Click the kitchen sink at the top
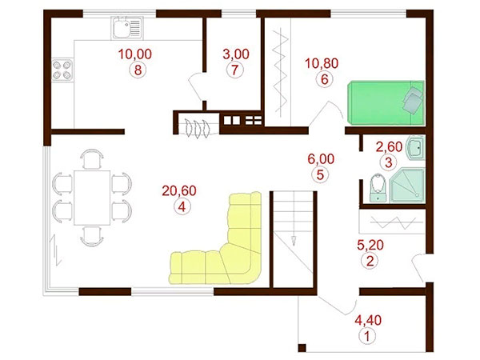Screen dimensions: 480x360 [x=127, y=27]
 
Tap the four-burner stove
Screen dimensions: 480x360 [x=62, y=70]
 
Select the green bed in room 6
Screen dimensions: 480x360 [x=386, y=103]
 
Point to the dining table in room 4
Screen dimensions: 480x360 [x=92, y=198]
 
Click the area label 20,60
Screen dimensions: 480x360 [x=179, y=190]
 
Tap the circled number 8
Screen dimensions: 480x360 [x=138, y=70]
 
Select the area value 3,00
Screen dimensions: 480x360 [x=236, y=54]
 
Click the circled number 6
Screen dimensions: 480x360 [x=325, y=79]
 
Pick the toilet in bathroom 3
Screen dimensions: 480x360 [x=378, y=188]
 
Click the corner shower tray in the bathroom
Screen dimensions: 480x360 [x=407, y=186]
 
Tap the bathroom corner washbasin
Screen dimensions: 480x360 [x=415, y=148]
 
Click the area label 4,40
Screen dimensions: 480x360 [x=368, y=320]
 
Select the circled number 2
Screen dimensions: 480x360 [x=370, y=261]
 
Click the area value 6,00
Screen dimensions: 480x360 [x=321, y=159]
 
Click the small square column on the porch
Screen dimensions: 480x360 [x=302, y=348]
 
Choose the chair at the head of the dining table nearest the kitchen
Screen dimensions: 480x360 [x=92, y=159]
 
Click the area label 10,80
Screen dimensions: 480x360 [x=322, y=63]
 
